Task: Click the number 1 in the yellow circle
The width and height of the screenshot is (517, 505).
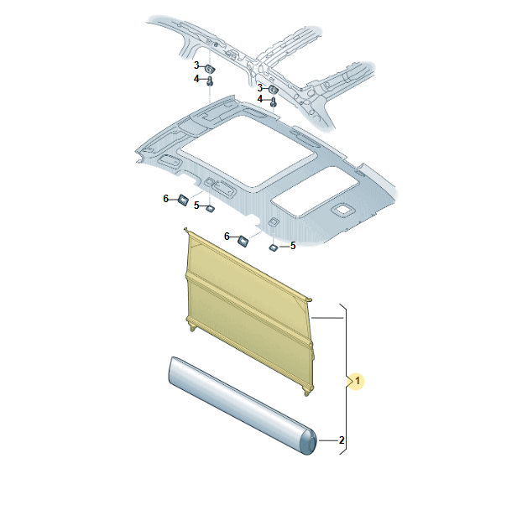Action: click(358, 382)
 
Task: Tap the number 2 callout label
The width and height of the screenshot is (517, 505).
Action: click(342, 440)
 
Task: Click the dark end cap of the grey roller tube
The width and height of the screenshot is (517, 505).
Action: click(309, 441)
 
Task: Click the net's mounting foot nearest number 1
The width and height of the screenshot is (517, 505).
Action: click(306, 391)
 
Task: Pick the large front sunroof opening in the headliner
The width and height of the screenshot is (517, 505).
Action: click(246, 153)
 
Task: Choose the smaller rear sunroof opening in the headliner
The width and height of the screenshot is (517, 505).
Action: click(315, 191)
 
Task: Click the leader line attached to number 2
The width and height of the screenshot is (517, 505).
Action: click(327, 440)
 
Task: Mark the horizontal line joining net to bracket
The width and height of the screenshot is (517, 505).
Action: click(327, 318)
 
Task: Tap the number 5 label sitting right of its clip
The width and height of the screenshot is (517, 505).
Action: click(293, 246)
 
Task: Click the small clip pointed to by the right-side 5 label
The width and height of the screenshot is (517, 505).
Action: click(274, 247)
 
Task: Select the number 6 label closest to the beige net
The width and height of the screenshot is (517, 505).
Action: click(227, 237)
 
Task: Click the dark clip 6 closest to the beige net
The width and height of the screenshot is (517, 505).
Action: click(243, 241)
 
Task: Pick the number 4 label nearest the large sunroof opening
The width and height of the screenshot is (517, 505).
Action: click(260, 99)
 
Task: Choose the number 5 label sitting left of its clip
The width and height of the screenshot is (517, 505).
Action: click(196, 206)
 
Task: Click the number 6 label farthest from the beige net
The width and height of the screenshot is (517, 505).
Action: click(166, 199)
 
